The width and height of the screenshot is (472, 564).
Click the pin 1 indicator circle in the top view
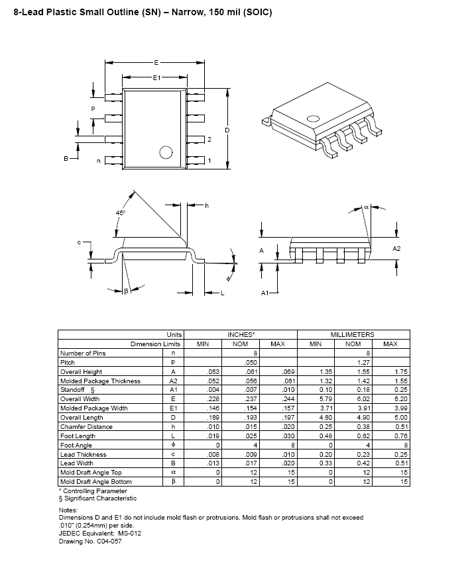tap(166, 152)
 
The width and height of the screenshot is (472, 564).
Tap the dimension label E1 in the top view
tap(156, 78)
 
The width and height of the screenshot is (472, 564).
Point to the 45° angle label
tap(120, 212)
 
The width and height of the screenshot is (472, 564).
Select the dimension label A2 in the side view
tap(396, 248)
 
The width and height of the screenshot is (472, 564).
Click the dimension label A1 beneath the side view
tap(265, 292)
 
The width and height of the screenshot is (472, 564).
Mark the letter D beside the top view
tap(227, 130)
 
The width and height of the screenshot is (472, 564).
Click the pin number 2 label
tap(209, 140)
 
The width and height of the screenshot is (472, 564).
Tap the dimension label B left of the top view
tap(66, 159)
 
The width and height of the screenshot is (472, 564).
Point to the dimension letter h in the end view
tap(206, 206)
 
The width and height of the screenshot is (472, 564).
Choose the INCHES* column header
tap(240, 335)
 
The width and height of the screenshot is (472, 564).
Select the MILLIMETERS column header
tap(353, 335)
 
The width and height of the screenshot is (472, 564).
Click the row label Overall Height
tap(81, 372)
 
